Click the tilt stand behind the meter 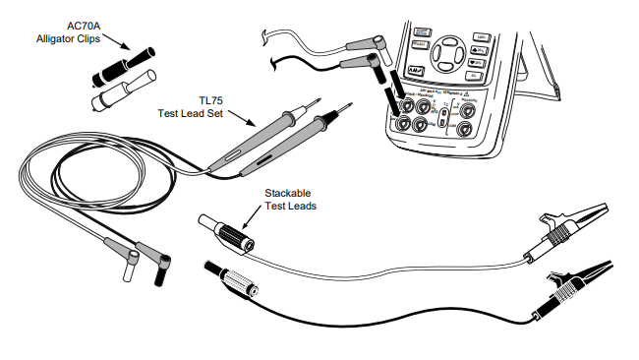click(x=539, y=70)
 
